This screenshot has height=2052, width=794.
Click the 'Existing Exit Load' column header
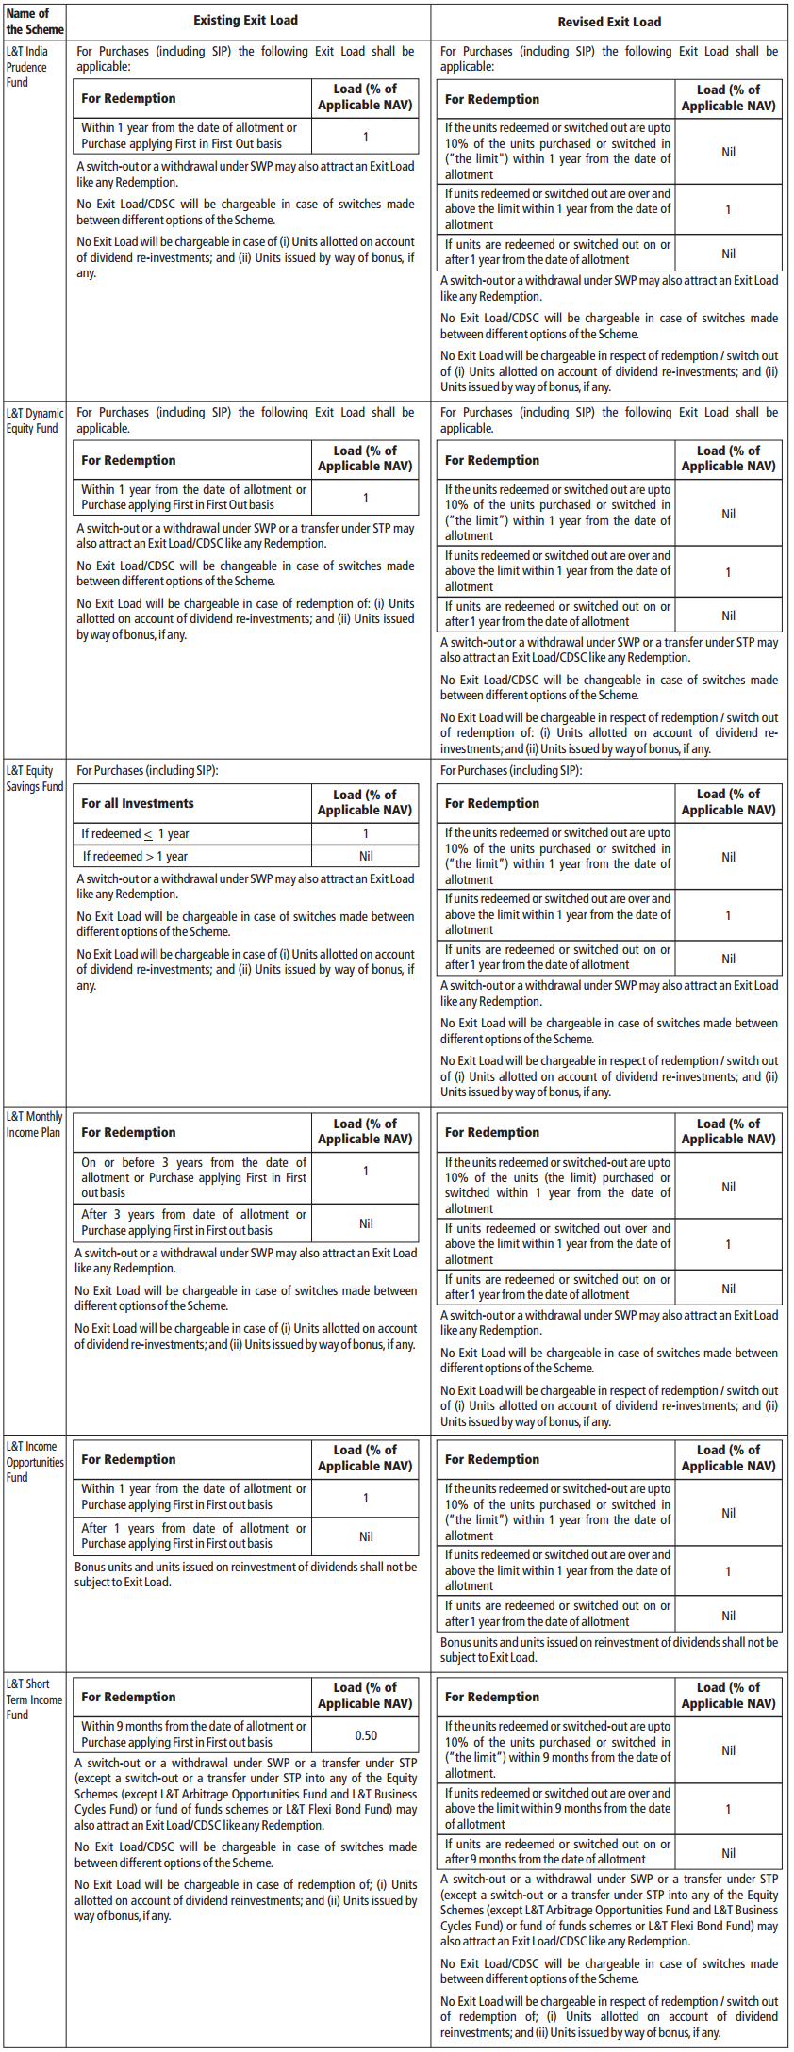[245, 20]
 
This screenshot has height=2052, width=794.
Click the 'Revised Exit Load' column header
[609, 22]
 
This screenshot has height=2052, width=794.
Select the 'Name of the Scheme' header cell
[34, 21]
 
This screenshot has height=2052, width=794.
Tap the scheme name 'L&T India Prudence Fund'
[27, 67]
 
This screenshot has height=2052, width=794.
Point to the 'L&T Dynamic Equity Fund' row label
[34, 420]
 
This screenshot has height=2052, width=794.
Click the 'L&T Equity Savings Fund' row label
[34, 779]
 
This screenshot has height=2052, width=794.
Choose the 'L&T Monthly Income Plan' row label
[34, 1124]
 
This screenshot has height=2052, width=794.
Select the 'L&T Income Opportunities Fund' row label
[34, 1462]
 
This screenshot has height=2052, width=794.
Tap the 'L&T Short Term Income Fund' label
[34, 1699]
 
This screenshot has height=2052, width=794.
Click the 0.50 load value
[366, 1735]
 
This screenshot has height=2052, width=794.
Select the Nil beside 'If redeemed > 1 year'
[366, 856]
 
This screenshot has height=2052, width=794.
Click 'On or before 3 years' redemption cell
[193, 1177]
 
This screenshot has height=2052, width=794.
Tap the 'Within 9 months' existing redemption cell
[193, 1734]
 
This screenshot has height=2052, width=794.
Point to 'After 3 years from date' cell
[193, 1223]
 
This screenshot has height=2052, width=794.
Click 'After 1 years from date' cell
[193, 1535]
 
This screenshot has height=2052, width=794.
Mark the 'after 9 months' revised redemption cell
[557, 1851]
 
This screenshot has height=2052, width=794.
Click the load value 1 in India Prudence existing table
[366, 137]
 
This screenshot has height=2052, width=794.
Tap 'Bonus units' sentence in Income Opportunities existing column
[245, 1574]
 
